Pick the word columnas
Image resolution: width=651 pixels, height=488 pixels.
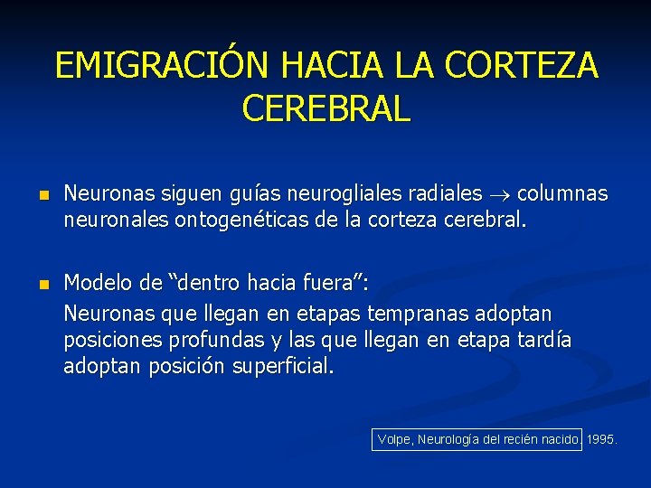coord(562,194)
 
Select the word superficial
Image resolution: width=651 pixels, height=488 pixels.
coord(283,367)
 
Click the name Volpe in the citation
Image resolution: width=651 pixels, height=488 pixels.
coord(395,440)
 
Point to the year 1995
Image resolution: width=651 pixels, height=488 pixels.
coord(602,440)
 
